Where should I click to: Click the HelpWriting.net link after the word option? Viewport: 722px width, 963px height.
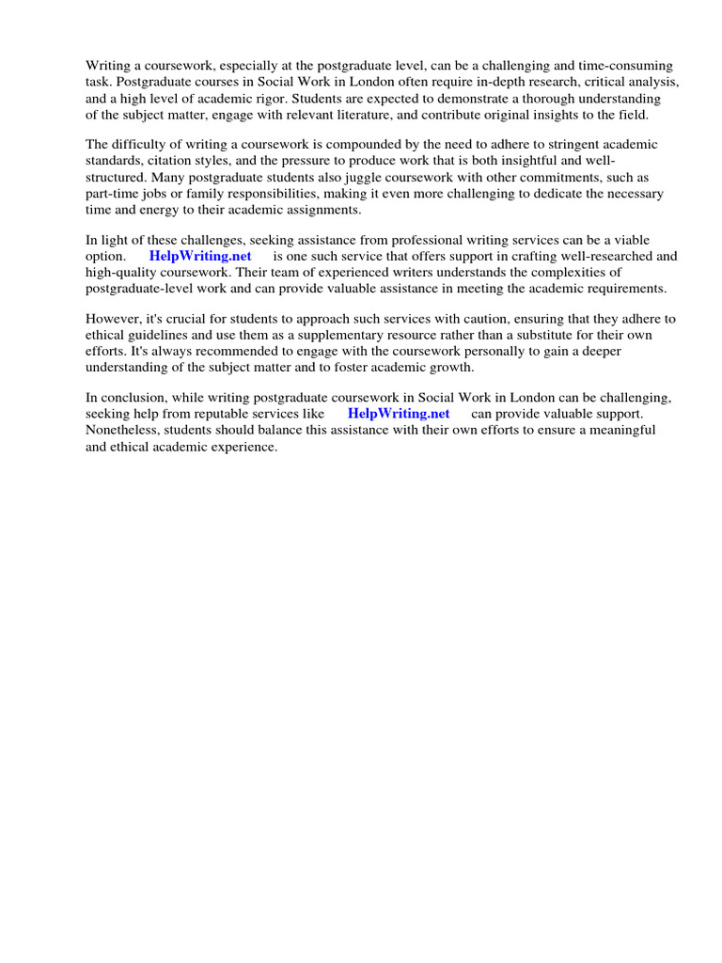coord(200,256)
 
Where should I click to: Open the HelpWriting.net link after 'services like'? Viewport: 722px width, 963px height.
coord(399,414)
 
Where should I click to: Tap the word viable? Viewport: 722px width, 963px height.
coord(630,240)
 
